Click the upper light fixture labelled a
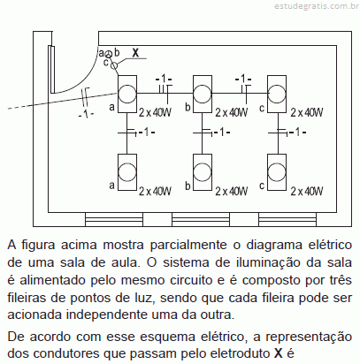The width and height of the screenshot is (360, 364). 127,94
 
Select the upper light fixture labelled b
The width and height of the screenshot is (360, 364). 203,94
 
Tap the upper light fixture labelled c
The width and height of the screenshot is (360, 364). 277,94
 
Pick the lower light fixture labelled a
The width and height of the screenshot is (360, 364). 127,172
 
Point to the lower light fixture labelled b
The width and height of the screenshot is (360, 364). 203,172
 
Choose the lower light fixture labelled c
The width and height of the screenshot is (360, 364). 277,172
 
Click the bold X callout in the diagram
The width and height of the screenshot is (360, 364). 135,53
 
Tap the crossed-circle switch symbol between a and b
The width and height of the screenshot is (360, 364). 109,54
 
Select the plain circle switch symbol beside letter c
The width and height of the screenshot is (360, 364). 114,65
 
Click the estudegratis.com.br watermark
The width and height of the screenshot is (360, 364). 314,6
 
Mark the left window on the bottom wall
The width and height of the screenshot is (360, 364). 114,219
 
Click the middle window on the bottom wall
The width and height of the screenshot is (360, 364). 201,219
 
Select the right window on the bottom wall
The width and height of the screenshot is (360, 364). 287,219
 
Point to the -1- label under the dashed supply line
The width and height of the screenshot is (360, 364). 87,114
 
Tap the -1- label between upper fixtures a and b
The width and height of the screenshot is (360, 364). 164,79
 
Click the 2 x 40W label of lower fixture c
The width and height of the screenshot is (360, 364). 307,192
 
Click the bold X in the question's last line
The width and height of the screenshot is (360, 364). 278,353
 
